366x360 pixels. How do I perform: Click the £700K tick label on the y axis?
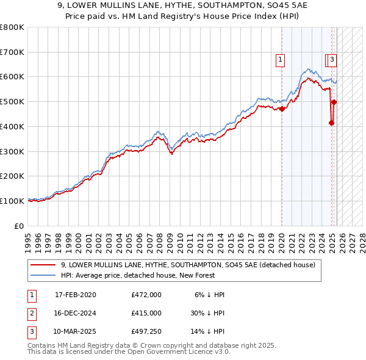coord(12,52)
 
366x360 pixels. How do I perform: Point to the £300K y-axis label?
coord(12,151)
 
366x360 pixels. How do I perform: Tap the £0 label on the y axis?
coord(20,226)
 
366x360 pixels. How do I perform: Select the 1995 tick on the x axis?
coord(28,237)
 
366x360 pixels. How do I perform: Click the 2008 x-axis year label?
coord(159,237)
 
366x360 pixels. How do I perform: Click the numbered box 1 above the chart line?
coord(280,60)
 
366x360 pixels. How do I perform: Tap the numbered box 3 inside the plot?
coord(332,60)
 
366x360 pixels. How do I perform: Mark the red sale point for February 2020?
coord(282,109)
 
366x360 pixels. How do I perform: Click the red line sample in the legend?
coord(43,265)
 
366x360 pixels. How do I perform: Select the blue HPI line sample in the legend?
coord(43,275)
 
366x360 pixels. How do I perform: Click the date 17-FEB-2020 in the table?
coord(76,295)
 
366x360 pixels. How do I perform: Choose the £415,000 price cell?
coord(146,314)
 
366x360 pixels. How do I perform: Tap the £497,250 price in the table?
coord(146,333)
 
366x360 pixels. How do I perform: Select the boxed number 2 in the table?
coord(31,314)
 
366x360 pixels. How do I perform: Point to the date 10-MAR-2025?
coord(76,333)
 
